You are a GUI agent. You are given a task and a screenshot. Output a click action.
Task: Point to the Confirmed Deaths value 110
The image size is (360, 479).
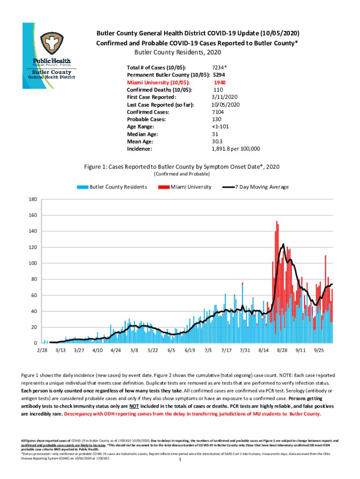click(218, 90)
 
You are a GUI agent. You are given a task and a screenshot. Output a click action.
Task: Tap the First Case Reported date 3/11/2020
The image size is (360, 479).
click(226, 97)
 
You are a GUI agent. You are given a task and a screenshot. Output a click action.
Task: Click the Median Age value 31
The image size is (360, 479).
click(216, 134)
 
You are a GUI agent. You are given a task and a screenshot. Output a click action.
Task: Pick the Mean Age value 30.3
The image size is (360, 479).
click(217, 141)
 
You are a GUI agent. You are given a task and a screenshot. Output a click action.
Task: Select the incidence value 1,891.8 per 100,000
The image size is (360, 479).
click(236, 149)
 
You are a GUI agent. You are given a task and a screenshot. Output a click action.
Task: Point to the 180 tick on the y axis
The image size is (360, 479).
click(33, 199)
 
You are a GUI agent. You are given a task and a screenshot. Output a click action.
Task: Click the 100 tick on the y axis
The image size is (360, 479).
click(33, 263)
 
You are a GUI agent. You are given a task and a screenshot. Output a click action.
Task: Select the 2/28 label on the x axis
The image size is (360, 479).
click(42, 350)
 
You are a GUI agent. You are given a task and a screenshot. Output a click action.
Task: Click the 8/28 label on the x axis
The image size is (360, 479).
click(282, 350)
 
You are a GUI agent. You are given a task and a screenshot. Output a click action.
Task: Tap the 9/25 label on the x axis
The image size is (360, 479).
click(319, 350)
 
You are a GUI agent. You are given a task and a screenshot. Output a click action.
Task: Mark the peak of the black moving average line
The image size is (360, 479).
click(283, 244)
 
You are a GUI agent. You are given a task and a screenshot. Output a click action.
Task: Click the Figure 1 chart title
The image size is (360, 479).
click(182, 167)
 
